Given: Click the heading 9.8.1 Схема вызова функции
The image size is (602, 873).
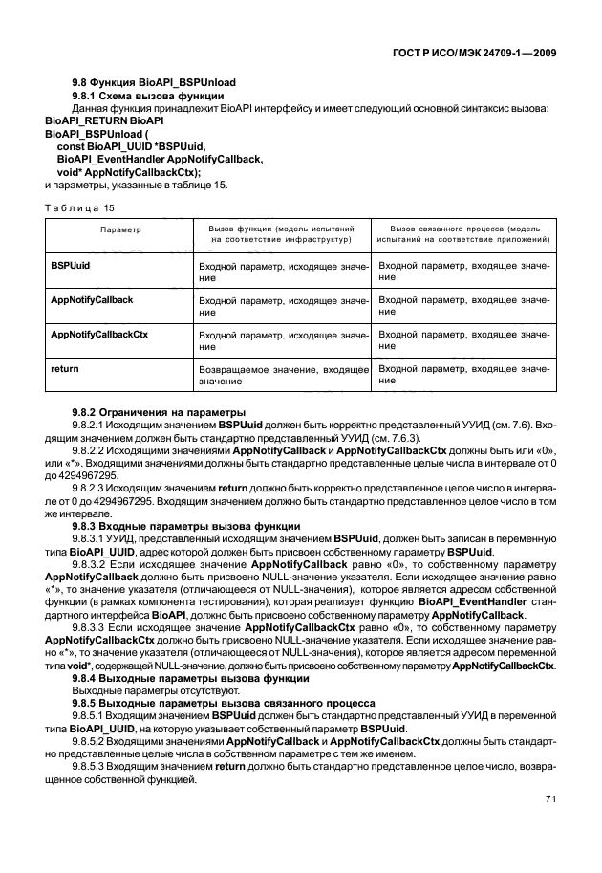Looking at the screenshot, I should tap(148, 97).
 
